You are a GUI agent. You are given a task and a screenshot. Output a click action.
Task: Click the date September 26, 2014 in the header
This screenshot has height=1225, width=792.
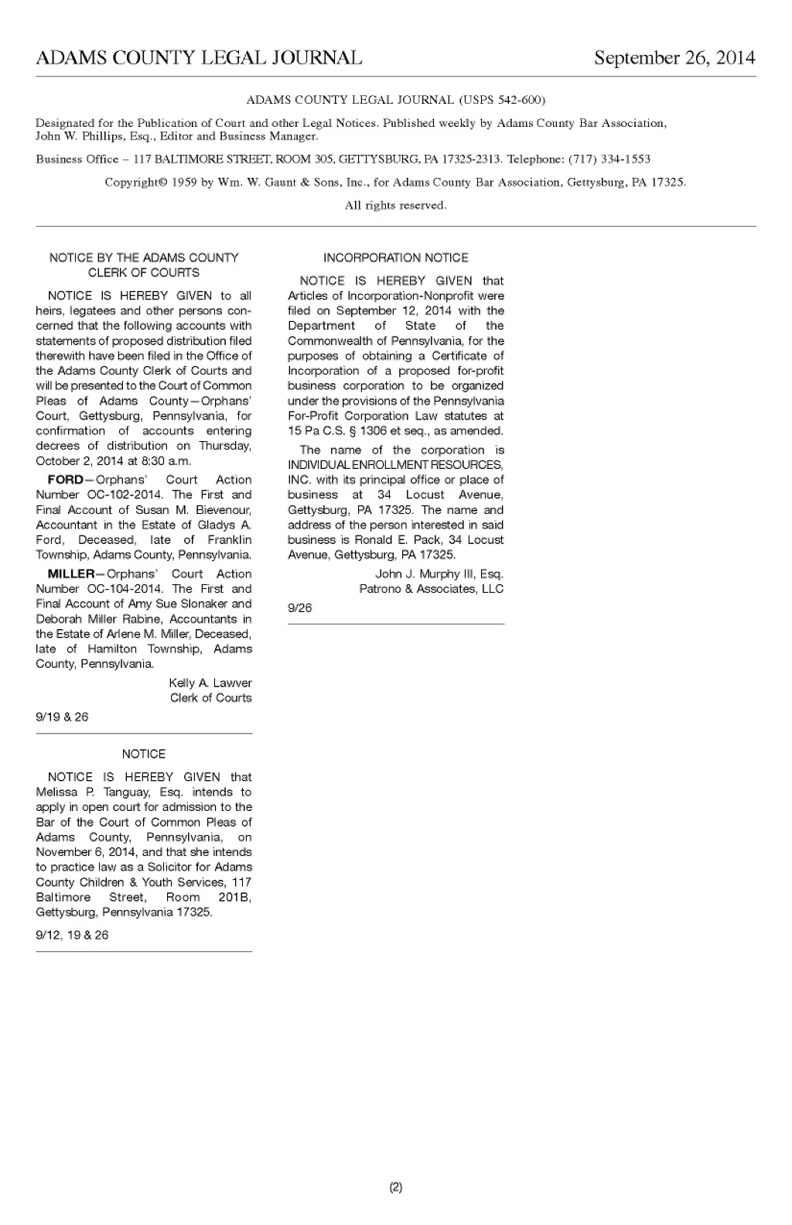(x=674, y=58)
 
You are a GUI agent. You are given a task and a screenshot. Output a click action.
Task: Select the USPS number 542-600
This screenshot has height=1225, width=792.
(x=520, y=100)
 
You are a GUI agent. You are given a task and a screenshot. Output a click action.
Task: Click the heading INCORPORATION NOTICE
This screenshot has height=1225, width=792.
(x=395, y=258)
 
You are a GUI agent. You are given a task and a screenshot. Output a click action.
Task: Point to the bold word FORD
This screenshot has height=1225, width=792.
(x=65, y=480)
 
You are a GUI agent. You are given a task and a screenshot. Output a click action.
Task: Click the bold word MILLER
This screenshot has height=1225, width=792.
(x=70, y=574)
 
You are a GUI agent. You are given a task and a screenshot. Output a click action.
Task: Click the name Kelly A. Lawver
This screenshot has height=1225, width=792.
(x=210, y=683)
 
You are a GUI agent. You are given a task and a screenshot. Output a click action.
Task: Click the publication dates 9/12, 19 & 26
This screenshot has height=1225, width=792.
(x=72, y=936)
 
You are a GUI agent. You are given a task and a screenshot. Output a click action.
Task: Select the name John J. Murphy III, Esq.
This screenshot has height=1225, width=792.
(x=439, y=574)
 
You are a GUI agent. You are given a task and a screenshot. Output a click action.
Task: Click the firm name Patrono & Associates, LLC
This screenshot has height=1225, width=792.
(x=431, y=589)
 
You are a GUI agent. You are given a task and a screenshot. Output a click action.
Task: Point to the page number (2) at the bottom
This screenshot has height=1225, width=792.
(x=396, y=1187)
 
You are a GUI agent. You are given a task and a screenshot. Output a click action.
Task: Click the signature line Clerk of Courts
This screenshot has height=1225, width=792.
(x=211, y=698)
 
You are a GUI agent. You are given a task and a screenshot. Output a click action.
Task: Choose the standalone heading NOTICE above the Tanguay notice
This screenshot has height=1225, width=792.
(x=144, y=754)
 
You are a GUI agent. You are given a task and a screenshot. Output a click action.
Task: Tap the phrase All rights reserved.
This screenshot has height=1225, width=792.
(x=395, y=206)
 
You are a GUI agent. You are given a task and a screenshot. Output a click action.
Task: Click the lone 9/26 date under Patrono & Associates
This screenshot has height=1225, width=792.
(x=300, y=608)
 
